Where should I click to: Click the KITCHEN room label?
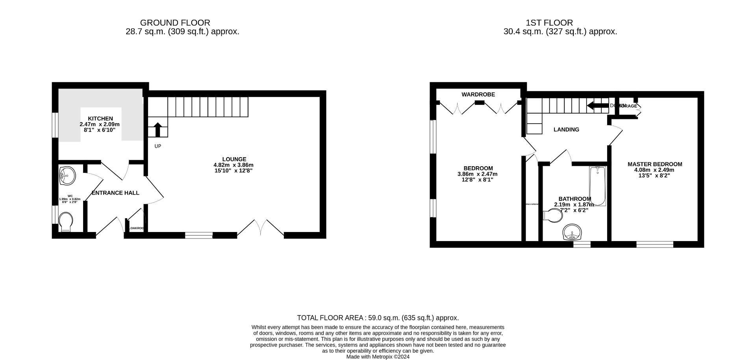(100, 119)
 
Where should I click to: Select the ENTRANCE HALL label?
(115, 193)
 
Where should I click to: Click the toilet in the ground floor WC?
(66, 222)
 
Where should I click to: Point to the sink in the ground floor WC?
(67, 175)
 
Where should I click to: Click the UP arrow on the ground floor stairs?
(157, 129)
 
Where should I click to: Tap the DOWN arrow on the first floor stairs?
(598, 106)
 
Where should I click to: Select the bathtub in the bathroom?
(598, 186)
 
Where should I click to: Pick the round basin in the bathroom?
(572, 232)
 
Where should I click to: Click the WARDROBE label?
(478, 95)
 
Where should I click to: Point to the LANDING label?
(566, 130)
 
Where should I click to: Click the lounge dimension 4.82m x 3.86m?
(233, 165)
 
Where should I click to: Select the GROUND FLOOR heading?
(175, 23)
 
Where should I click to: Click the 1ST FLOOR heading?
(549, 23)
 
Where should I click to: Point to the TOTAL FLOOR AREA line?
(378, 318)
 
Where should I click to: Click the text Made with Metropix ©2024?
(378, 357)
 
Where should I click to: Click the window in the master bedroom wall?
(654, 244)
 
